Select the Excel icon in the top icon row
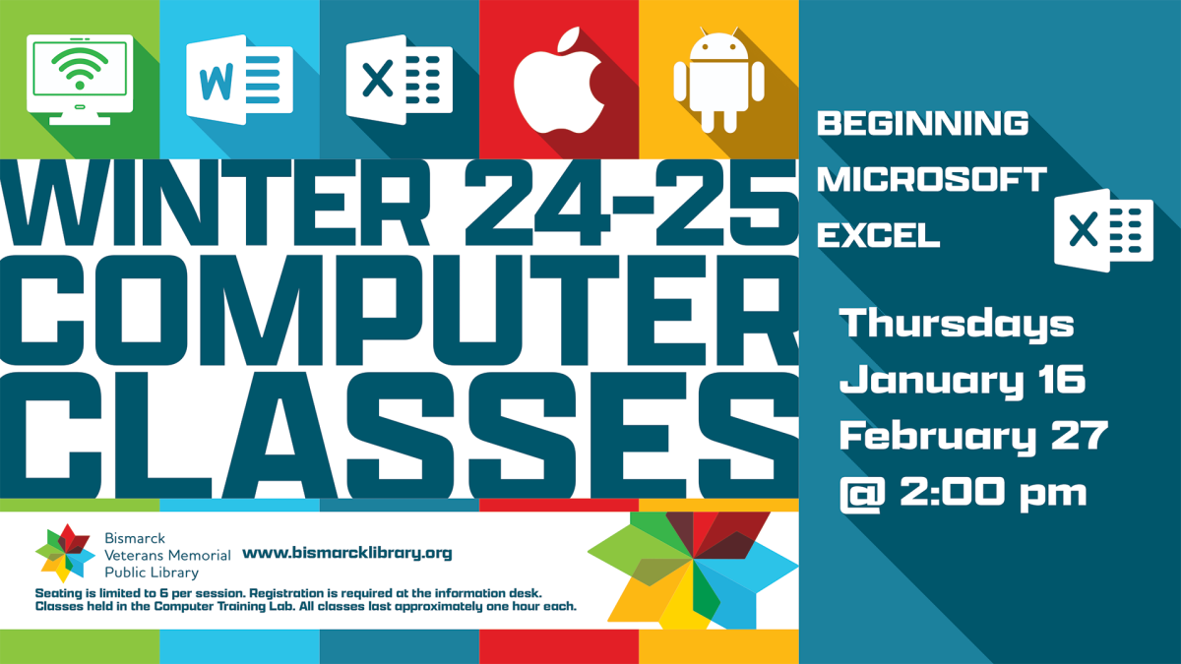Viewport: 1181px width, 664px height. pyautogui.click(x=399, y=79)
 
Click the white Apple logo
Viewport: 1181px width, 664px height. pyautogui.click(x=559, y=81)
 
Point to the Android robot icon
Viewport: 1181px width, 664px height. pyautogui.click(x=718, y=81)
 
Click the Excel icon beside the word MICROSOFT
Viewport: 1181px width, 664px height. pyautogui.click(x=1103, y=230)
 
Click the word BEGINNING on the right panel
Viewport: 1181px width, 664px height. pyautogui.click(x=923, y=124)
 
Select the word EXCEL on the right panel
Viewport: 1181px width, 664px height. pyautogui.click(x=878, y=236)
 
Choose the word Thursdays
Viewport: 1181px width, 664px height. pyautogui.click(x=956, y=324)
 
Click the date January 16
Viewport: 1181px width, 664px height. pyautogui.click(x=962, y=379)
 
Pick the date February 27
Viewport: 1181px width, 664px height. pyautogui.click(x=973, y=435)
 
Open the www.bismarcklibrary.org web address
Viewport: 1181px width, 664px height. pyautogui.click(x=346, y=553)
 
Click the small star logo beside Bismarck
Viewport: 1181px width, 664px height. pyautogui.click(x=63, y=553)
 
